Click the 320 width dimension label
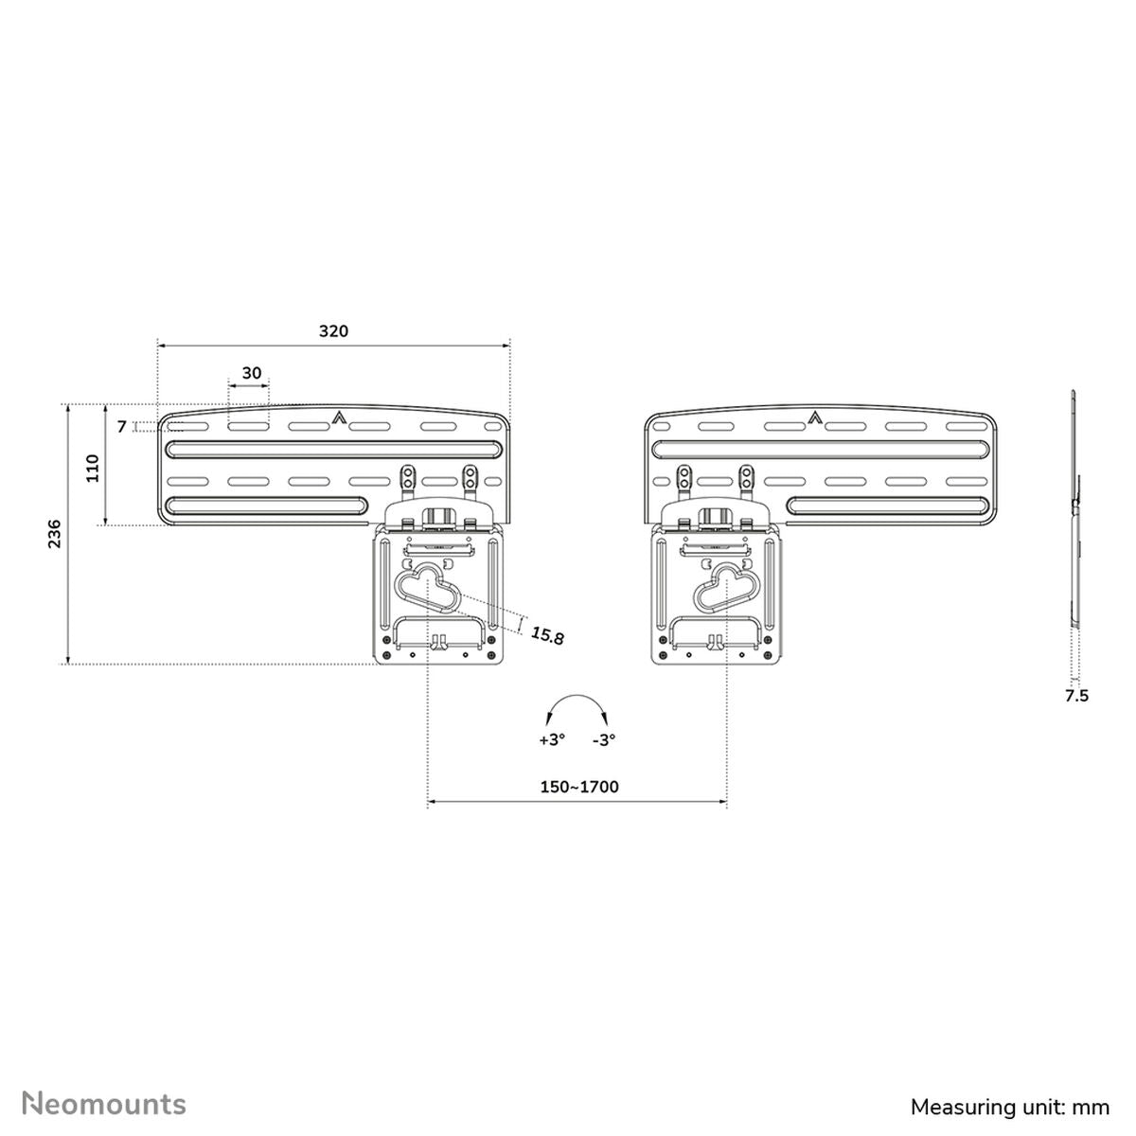click(333, 331)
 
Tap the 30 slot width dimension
click(251, 373)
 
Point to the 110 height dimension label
click(93, 468)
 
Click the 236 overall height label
click(54, 534)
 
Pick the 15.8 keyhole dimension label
click(546, 635)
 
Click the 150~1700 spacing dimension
click(579, 787)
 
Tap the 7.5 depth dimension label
click(1076, 696)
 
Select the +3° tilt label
click(552, 740)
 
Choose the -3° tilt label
click(604, 740)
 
